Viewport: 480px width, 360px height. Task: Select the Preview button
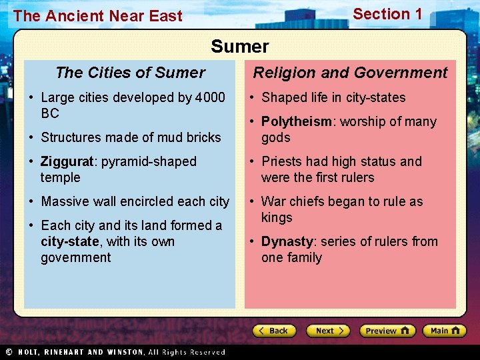point(387,331)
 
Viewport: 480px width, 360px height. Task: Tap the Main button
point(444,331)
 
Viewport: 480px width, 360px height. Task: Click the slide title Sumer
point(240,47)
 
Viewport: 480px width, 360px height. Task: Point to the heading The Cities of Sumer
point(130,73)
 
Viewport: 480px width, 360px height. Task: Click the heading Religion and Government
point(350,73)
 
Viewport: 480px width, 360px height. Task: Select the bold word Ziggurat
point(69,161)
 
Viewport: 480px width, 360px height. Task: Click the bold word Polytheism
point(296,121)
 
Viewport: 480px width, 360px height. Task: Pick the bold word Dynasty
point(286,241)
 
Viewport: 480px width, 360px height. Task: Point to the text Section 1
point(387,14)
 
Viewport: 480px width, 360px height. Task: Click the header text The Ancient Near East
point(97,16)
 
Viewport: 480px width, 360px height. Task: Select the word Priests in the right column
point(283,161)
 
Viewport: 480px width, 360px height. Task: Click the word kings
point(277,217)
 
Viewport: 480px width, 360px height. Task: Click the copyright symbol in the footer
point(9,352)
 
